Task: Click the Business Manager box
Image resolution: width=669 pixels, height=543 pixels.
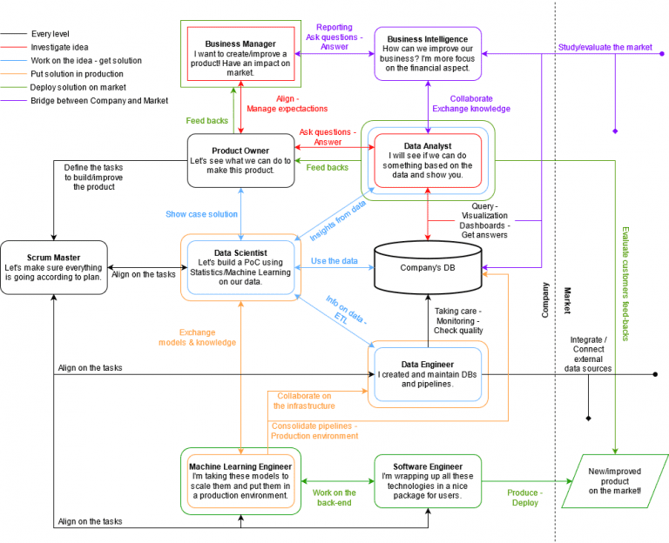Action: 240,54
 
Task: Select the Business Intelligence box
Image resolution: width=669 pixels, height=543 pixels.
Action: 427,54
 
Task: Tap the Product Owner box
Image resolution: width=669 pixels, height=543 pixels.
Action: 240,159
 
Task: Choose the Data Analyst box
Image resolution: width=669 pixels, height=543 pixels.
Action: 427,159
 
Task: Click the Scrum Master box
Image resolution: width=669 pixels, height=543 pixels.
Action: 53,266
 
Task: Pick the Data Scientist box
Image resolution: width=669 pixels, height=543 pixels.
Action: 240,266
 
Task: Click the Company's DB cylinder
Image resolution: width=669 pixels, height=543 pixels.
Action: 427,267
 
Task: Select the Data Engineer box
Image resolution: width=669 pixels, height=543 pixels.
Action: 427,373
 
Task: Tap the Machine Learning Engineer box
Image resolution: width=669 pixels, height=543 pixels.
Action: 240,480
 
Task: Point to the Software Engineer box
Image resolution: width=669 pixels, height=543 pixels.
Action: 427,480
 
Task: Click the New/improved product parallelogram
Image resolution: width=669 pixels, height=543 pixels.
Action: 614,480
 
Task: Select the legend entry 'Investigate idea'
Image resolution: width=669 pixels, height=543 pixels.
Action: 59,47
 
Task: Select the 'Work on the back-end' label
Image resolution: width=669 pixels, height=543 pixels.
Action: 334,498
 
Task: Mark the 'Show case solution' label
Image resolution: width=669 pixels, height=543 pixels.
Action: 201,214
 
